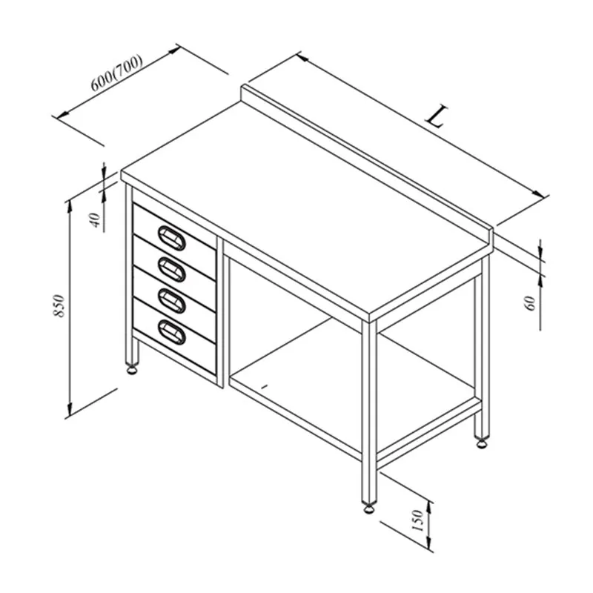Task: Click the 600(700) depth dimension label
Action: [x=116, y=73]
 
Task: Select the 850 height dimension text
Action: [x=59, y=305]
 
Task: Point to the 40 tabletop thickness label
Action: [x=96, y=219]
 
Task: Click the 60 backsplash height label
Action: [x=531, y=303]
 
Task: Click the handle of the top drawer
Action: [x=172, y=238]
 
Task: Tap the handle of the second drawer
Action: [x=172, y=269]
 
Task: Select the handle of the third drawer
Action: [x=172, y=301]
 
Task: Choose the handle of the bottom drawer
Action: [x=172, y=332]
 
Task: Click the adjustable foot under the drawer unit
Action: [x=132, y=369]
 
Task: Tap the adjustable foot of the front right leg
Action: [x=369, y=508]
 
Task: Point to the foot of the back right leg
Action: [x=482, y=443]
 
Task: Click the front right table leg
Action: [x=369, y=412]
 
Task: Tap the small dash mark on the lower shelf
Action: [x=265, y=386]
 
